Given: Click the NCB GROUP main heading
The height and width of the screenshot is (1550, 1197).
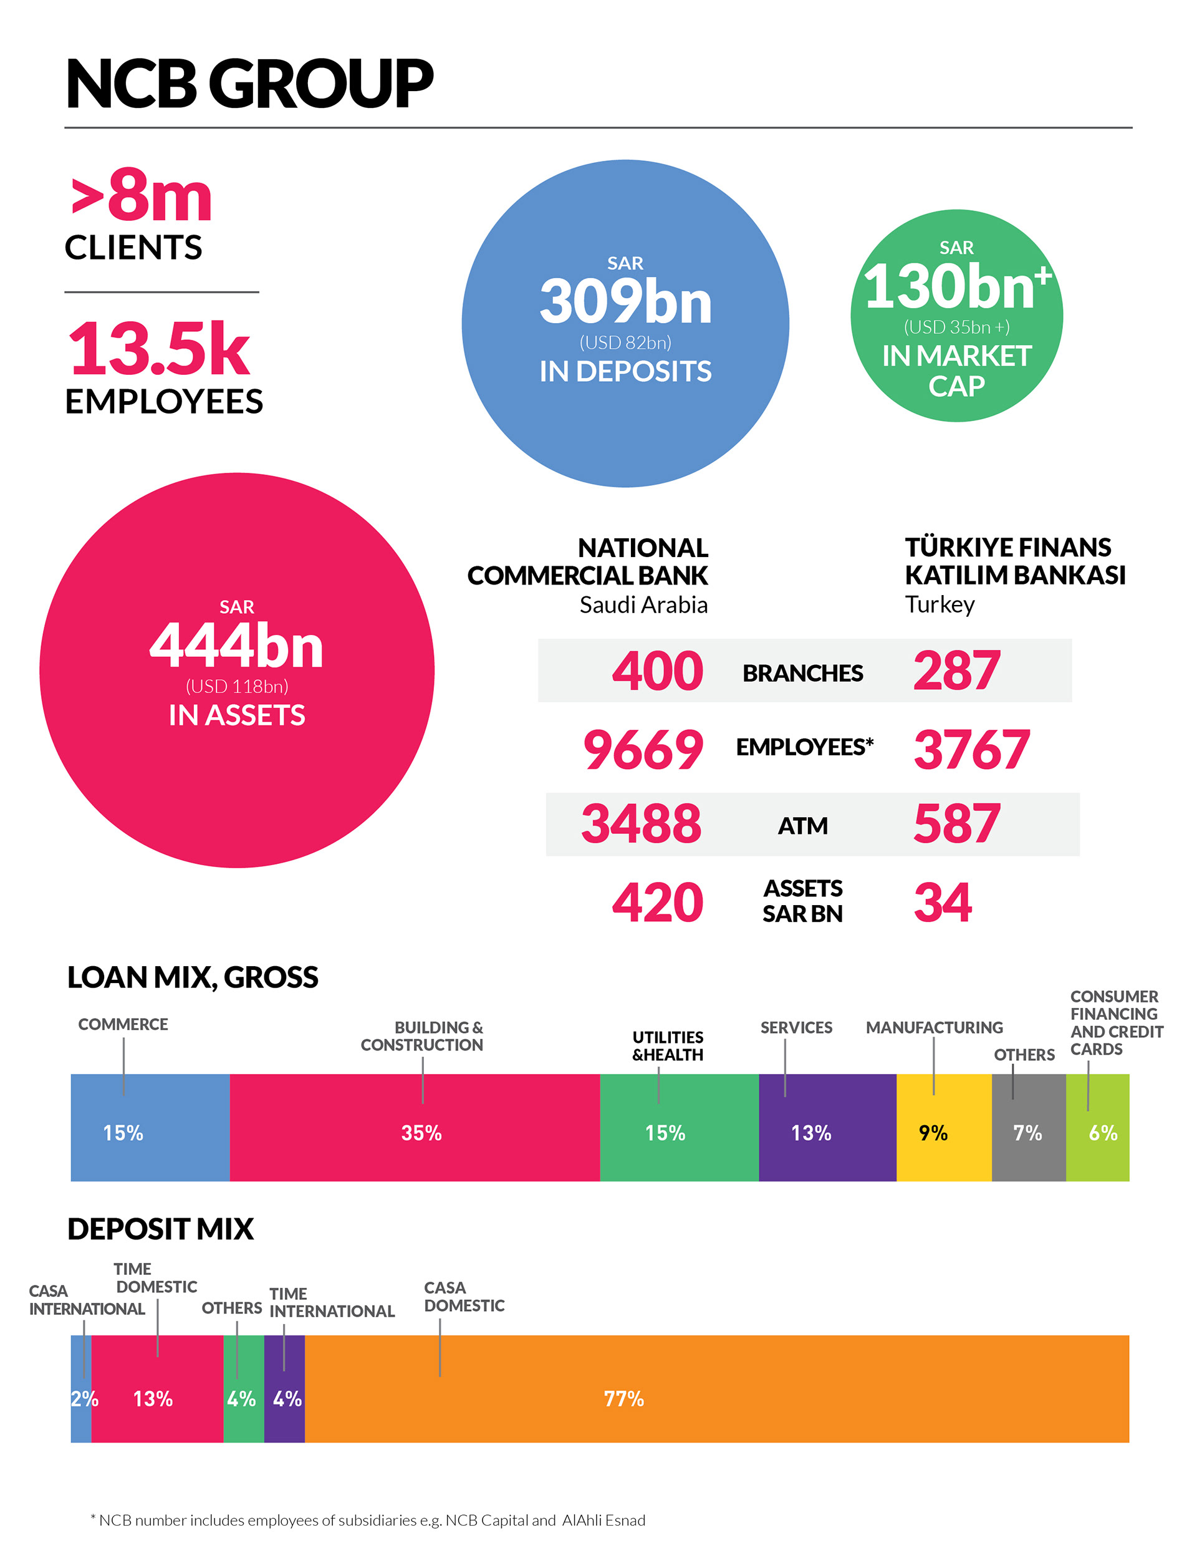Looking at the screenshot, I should [x=248, y=84].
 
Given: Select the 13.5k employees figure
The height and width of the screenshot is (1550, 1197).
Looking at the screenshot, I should [x=159, y=349].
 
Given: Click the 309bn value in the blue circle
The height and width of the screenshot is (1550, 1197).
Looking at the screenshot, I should [x=625, y=303].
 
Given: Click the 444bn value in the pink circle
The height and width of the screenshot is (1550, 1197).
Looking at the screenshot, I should [x=236, y=646].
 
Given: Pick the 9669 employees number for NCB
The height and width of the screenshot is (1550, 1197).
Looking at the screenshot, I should [x=643, y=750].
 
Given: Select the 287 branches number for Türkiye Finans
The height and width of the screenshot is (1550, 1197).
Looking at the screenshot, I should [x=956, y=671].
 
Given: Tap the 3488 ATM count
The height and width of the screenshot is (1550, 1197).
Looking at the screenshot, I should [x=642, y=824].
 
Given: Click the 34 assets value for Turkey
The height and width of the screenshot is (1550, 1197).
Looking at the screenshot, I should [x=942, y=903].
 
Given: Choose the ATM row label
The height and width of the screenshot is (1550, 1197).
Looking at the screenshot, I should [x=802, y=825].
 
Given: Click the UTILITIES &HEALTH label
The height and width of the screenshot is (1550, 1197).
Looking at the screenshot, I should [x=667, y=1045].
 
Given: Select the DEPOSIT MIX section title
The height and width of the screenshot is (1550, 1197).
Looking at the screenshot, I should [x=160, y=1229].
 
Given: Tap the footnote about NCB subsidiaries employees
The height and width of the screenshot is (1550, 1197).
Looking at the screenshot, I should [x=368, y=1520].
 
